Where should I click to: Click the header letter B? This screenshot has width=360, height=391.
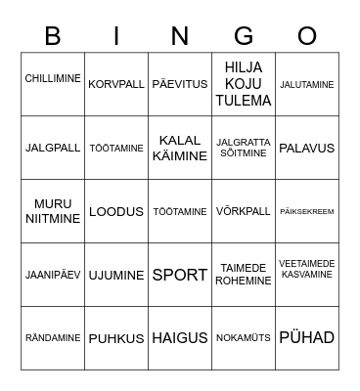pyautogui.click(x=53, y=36)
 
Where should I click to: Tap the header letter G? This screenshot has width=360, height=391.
pyautogui.click(x=244, y=36)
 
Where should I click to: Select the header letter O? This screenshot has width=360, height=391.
pyautogui.click(x=307, y=36)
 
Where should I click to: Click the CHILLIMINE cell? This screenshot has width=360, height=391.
pyautogui.click(x=53, y=79)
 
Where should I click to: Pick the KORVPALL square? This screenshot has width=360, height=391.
pyautogui.click(x=116, y=84)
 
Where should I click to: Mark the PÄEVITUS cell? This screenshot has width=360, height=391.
pyautogui.click(x=180, y=84)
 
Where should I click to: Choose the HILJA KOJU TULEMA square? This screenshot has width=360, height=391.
pyautogui.click(x=244, y=84)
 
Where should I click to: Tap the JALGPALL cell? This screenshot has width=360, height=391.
pyautogui.click(x=53, y=148)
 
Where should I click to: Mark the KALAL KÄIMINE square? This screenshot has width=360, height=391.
pyautogui.click(x=180, y=148)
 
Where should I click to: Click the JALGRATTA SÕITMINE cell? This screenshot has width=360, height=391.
pyautogui.click(x=244, y=148)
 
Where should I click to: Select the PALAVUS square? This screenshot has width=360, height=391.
pyautogui.click(x=307, y=148)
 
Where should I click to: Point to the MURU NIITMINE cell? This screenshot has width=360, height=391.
pyautogui.click(x=53, y=211)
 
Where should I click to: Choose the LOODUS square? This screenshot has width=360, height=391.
pyautogui.click(x=116, y=211)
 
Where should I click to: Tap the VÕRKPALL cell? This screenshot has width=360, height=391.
pyautogui.click(x=244, y=211)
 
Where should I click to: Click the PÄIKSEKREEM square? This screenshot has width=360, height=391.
pyautogui.click(x=307, y=211)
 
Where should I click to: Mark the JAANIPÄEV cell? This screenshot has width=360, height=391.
pyautogui.click(x=53, y=275)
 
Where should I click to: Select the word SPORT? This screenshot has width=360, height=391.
pyautogui.click(x=180, y=275)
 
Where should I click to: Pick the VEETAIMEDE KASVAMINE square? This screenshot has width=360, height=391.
pyautogui.click(x=307, y=269)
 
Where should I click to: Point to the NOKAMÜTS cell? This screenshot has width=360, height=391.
pyautogui.click(x=244, y=338)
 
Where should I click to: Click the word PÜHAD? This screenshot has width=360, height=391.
pyautogui.click(x=307, y=338)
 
